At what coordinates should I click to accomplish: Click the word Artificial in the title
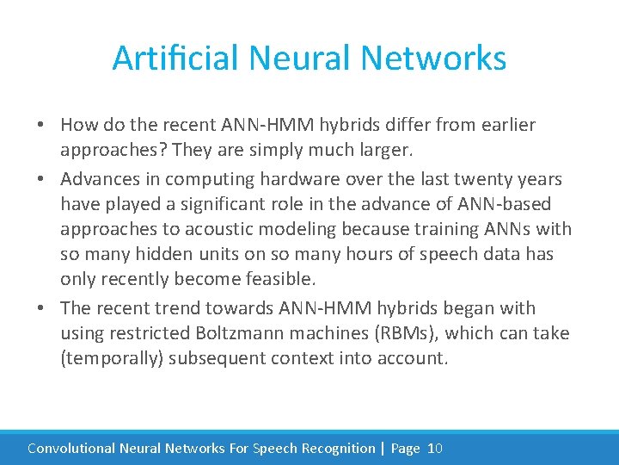[x=176, y=59]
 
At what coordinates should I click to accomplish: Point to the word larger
[x=383, y=150]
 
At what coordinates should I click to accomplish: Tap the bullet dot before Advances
[x=41, y=179]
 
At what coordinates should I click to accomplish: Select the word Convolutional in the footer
[x=71, y=448]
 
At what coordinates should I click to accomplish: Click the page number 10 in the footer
[x=434, y=448]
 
